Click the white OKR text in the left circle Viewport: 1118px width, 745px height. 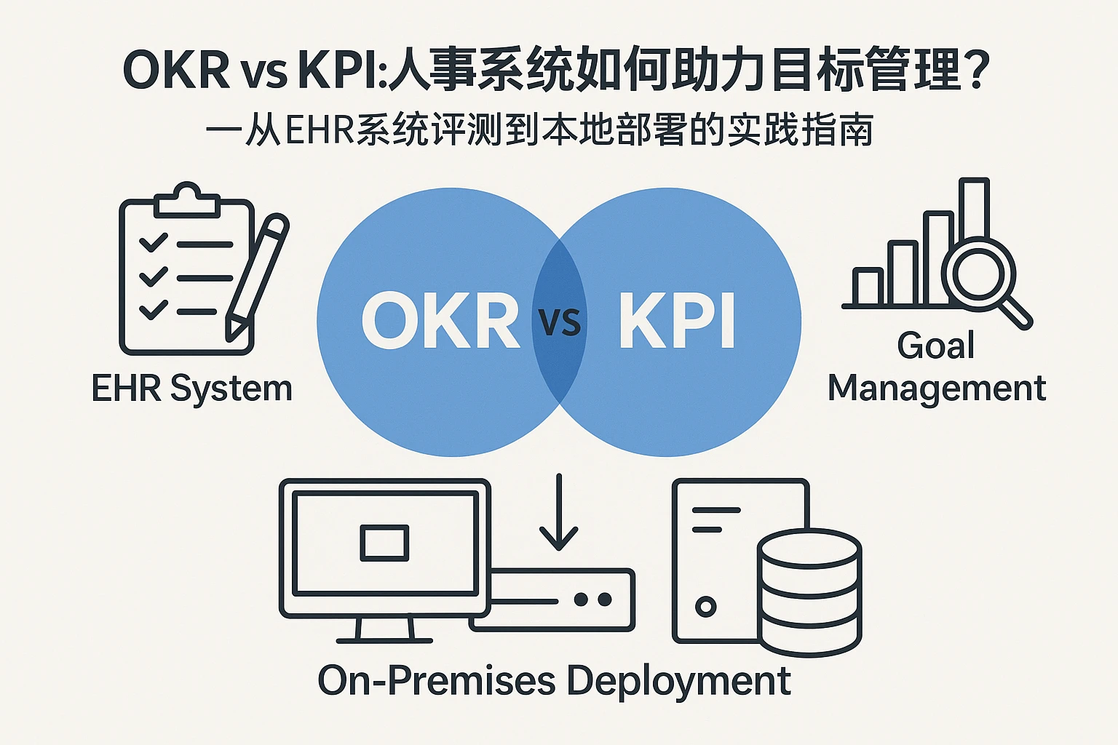[440, 321]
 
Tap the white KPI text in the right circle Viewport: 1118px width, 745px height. [677, 321]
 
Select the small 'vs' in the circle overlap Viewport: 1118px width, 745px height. [560, 322]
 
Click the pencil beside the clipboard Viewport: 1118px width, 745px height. [257, 276]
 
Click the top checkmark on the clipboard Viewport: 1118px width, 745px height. [154, 242]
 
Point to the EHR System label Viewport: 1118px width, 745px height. [192, 388]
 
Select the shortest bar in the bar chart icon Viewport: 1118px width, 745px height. [868, 287]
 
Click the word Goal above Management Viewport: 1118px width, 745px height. [935, 345]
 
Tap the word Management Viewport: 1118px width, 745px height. [937, 388]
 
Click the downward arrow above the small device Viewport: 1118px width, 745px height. [558, 513]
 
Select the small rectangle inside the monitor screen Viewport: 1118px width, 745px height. [384, 543]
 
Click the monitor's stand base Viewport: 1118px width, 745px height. [384, 639]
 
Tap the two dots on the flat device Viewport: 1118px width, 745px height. [592, 599]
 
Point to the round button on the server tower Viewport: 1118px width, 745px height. [705, 606]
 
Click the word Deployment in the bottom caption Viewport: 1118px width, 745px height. [678, 681]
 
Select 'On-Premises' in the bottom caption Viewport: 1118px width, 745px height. [437, 681]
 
